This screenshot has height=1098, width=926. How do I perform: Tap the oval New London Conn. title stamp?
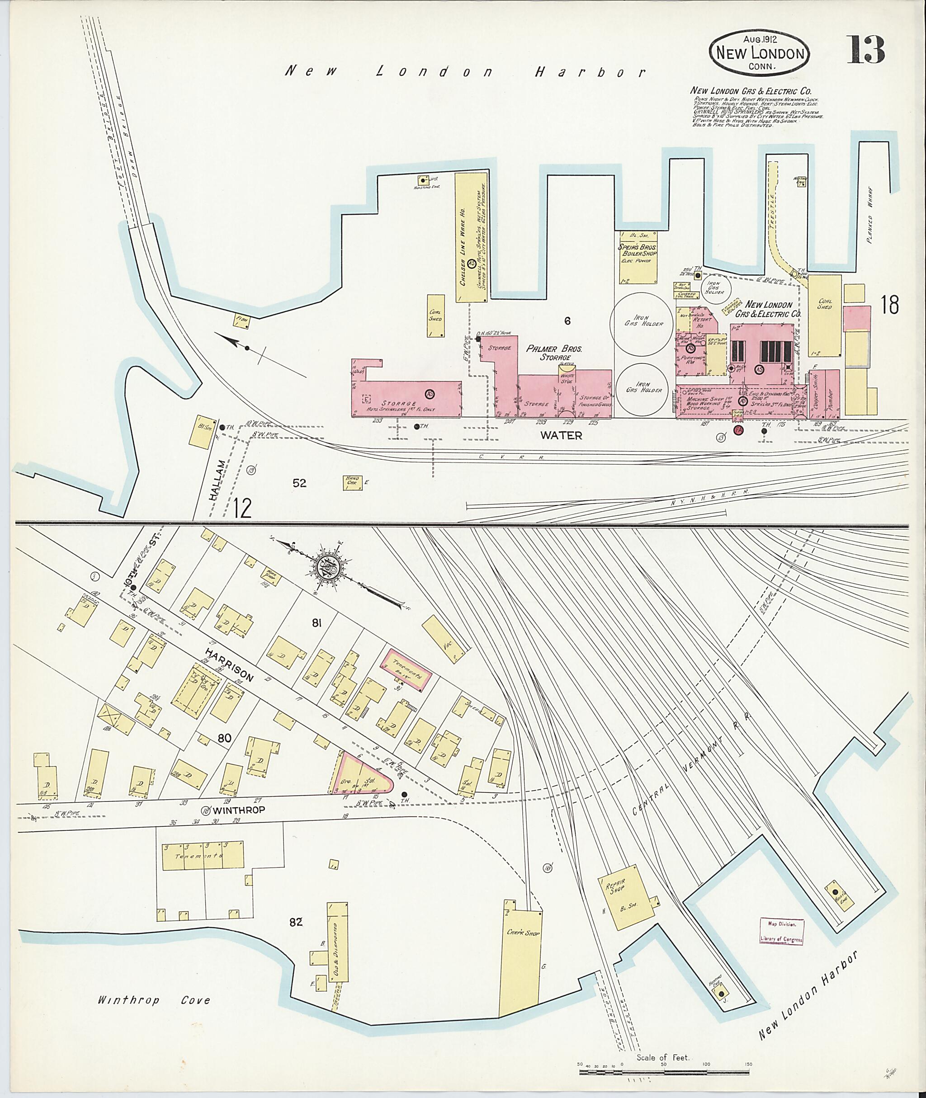coord(759,52)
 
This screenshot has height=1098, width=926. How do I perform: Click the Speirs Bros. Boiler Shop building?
coord(638,257)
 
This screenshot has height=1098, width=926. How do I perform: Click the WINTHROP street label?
coord(239,810)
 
